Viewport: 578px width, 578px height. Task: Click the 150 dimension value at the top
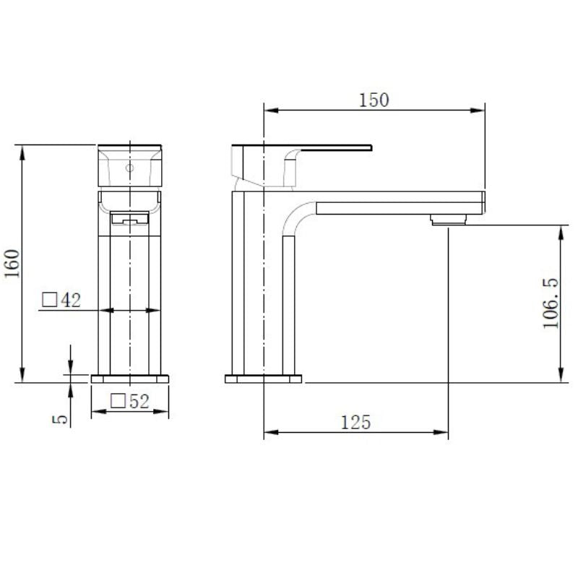pos(374,100)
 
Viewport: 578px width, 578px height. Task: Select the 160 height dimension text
pos(11,263)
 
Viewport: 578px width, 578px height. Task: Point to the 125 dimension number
pos(357,422)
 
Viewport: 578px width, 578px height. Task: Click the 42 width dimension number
pos(71,300)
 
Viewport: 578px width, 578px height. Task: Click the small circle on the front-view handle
pos(130,168)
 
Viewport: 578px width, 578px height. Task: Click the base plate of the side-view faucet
pos(264,379)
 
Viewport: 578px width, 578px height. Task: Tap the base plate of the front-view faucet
pos(130,379)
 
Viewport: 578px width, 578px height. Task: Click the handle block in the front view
pos(130,165)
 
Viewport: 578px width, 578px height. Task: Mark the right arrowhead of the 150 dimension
pos(478,111)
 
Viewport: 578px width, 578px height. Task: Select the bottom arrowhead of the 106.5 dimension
pos(561,376)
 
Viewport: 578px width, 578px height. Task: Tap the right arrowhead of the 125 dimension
pos(444,433)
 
